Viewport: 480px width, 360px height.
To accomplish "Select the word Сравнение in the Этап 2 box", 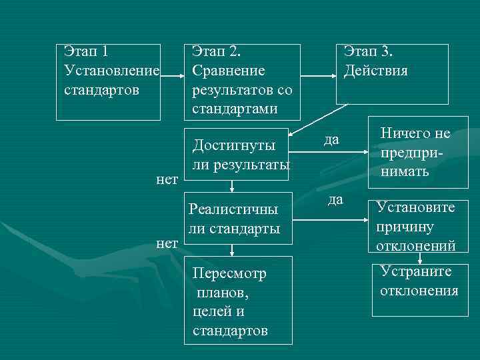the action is click(228, 70).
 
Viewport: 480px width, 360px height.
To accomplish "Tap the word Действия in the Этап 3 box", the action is click(375, 70).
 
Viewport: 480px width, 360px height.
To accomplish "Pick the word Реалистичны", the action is click(233, 210).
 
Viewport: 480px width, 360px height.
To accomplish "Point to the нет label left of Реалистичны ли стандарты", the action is click(167, 243).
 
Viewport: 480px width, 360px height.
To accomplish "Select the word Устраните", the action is click(415, 271).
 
